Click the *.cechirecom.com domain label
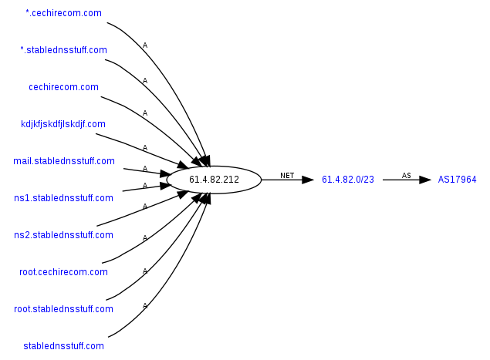(x=63, y=13)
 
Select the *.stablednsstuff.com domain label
(x=63, y=50)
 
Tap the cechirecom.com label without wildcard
(x=63, y=87)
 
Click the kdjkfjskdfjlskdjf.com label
(x=63, y=123)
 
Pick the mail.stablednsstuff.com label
(x=64, y=161)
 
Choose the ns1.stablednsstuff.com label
(x=63, y=198)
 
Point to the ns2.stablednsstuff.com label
(x=63, y=235)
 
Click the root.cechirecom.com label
(x=63, y=272)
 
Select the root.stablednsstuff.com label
(x=63, y=309)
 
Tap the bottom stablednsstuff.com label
(x=63, y=346)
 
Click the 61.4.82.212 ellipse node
(x=214, y=180)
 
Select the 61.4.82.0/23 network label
(x=348, y=180)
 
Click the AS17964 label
(x=458, y=180)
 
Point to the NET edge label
(x=287, y=175)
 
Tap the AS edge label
(x=406, y=175)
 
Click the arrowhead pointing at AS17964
(x=424, y=180)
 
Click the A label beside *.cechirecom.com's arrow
(x=145, y=45)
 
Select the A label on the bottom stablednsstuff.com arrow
(x=144, y=306)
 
